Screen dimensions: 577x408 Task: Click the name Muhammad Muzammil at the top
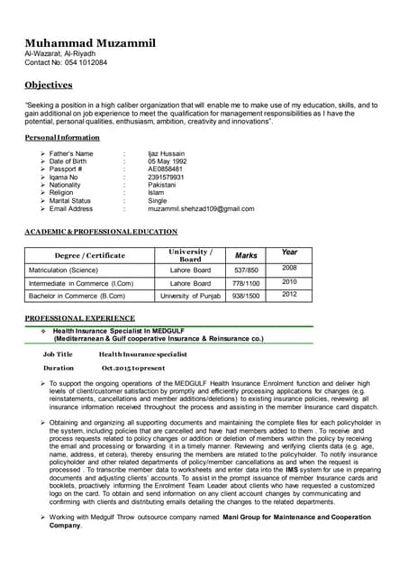coord(89,43)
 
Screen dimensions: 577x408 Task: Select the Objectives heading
coord(48,85)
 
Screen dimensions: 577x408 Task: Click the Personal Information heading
coord(62,137)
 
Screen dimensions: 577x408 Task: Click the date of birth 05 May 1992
coord(171,161)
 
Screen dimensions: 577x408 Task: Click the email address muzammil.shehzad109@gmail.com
coord(201,208)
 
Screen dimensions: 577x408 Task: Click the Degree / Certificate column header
coord(89,255)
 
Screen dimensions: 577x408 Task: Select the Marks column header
coord(246,255)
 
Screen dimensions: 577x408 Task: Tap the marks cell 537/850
coord(246,270)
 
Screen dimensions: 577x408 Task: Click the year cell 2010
coord(289,281)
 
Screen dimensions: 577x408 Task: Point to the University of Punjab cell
coord(190,295)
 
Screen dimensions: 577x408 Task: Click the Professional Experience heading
coord(80,318)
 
